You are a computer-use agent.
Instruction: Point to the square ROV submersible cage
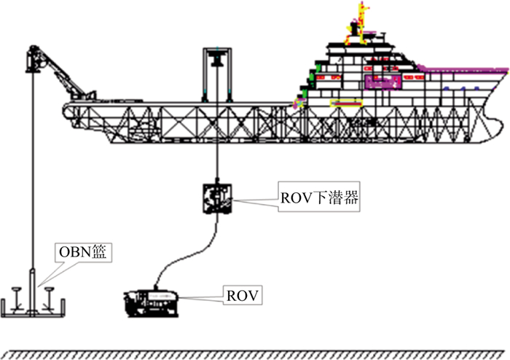coord(218,197)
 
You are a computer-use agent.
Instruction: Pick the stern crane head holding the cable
coord(34,58)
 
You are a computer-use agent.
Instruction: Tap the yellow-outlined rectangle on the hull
coord(345,103)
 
